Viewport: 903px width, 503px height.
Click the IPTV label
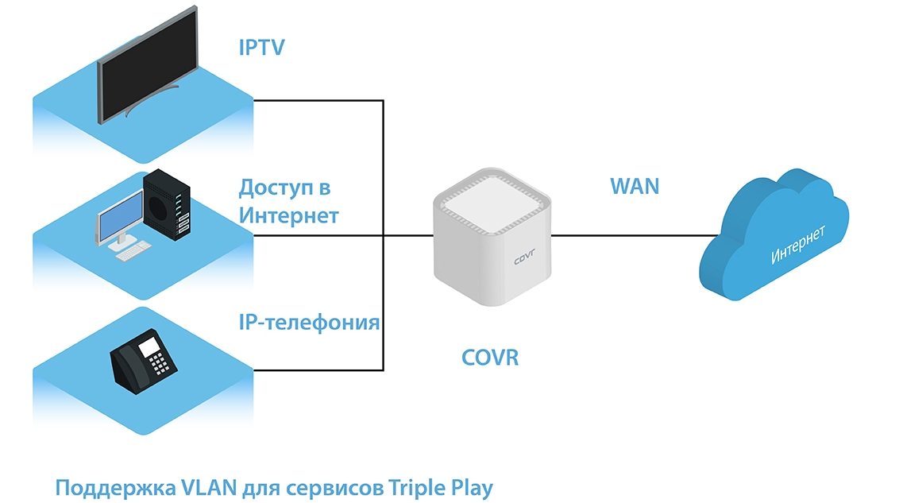pyautogui.click(x=261, y=48)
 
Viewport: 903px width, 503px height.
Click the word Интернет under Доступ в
pyautogui.click(x=289, y=216)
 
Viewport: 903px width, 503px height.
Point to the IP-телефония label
pyautogui.click(x=309, y=323)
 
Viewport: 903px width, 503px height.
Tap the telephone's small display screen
pyautogui.click(x=149, y=346)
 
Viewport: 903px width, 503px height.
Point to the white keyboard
pyautogui.click(x=133, y=251)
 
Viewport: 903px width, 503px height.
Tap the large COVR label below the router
pyautogui.click(x=490, y=358)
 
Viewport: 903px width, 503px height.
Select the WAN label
pyautogui.click(x=635, y=187)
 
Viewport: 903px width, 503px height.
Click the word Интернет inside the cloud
pyautogui.click(x=798, y=245)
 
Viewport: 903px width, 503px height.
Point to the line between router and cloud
pyautogui.click(x=627, y=235)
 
